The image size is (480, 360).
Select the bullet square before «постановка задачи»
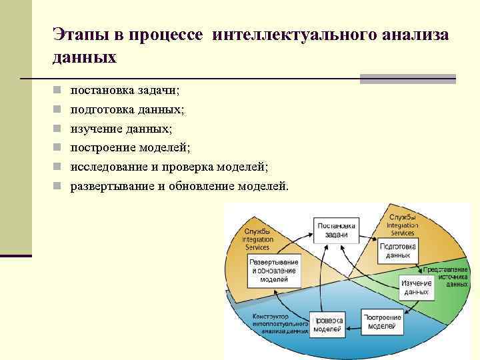tap(58, 90)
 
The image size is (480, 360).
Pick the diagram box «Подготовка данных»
tap(397, 251)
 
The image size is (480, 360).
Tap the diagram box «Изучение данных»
tap(416, 287)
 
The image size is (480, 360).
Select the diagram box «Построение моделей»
tap(383, 321)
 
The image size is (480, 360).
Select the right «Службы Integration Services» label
tap(402, 225)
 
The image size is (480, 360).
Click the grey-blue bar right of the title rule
tap(407, 79)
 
